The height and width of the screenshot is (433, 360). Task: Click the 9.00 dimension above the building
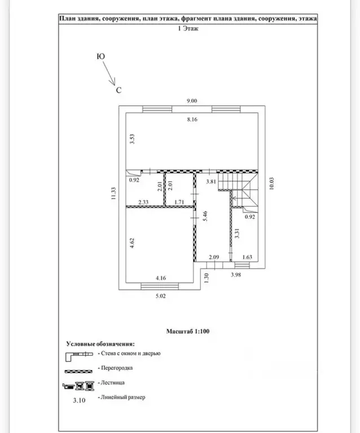[x=192, y=101]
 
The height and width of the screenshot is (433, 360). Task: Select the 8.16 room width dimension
[x=192, y=120]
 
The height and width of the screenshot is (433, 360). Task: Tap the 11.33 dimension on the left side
[x=113, y=193]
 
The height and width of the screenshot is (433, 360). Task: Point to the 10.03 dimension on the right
[x=271, y=183]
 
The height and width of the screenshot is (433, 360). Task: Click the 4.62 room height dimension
[x=132, y=243]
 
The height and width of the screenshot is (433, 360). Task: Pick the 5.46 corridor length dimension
[x=205, y=216]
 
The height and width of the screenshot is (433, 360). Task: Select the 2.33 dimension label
[x=143, y=202]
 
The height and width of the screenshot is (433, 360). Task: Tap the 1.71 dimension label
[x=179, y=202]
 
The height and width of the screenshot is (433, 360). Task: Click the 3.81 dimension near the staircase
[x=211, y=182]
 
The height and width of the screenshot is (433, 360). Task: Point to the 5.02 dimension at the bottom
[x=160, y=296]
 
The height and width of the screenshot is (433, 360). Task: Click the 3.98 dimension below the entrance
[x=236, y=275]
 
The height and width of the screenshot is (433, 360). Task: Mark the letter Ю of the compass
[x=101, y=56]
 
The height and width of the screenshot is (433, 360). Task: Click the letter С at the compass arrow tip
[x=119, y=90]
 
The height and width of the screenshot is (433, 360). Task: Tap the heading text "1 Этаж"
[x=188, y=28]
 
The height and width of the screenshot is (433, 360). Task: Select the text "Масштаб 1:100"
[x=188, y=331]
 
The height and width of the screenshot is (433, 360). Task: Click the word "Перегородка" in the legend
[x=117, y=368]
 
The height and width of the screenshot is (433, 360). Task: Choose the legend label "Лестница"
[x=113, y=382]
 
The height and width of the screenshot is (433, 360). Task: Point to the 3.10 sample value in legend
[x=80, y=400]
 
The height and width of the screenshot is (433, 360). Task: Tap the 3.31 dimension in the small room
[x=237, y=233]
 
